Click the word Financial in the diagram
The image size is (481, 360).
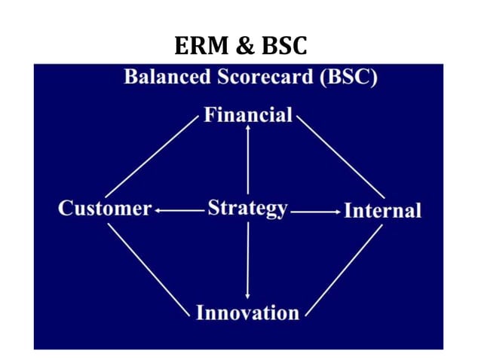point(248,115)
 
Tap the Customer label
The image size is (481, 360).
point(105,209)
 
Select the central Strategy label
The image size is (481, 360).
point(247,208)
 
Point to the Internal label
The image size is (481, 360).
point(382,211)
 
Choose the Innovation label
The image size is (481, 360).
point(247,312)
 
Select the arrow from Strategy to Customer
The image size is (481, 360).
point(179,212)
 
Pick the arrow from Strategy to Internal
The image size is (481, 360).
point(315,212)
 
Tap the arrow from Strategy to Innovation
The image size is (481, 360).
point(248,260)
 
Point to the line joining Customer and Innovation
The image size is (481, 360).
point(147,268)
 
